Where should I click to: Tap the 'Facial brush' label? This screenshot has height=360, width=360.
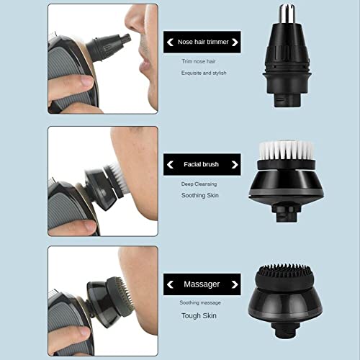[202, 164]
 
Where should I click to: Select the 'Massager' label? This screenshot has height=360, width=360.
[202, 284]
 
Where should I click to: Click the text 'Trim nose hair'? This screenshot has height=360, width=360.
[197, 61]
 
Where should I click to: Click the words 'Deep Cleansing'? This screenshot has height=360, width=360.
[197, 184]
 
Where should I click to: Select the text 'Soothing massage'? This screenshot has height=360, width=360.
[201, 304]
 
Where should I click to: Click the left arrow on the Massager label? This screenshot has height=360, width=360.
[171, 284]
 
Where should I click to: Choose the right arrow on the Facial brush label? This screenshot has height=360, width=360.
[233, 164]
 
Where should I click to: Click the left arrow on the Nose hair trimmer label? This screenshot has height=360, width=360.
[171, 42]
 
